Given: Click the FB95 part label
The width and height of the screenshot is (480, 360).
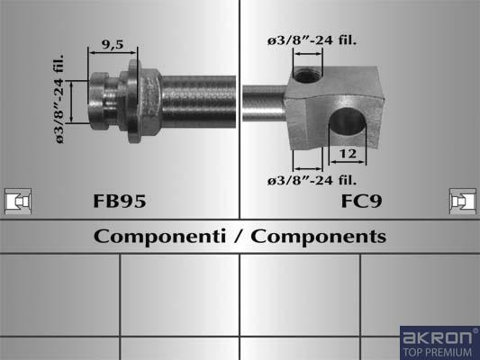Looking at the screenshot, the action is (x=120, y=201).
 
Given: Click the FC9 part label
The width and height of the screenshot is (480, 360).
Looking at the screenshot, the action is (x=361, y=201).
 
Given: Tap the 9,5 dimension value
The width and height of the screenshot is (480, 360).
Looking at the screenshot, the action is (x=113, y=45).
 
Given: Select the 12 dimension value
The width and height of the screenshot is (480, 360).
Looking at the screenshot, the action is (x=348, y=154).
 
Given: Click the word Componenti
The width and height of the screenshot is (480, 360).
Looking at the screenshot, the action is (x=159, y=237).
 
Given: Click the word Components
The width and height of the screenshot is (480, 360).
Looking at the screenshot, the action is (x=319, y=237).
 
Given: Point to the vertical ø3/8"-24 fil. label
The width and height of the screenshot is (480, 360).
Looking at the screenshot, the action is (x=59, y=99).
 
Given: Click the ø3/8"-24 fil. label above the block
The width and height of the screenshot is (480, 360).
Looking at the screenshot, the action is (x=312, y=40).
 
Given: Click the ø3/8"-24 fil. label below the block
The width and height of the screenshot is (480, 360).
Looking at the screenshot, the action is (x=312, y=180).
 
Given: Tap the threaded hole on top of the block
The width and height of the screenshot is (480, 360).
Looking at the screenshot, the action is (x=307, y=76).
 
